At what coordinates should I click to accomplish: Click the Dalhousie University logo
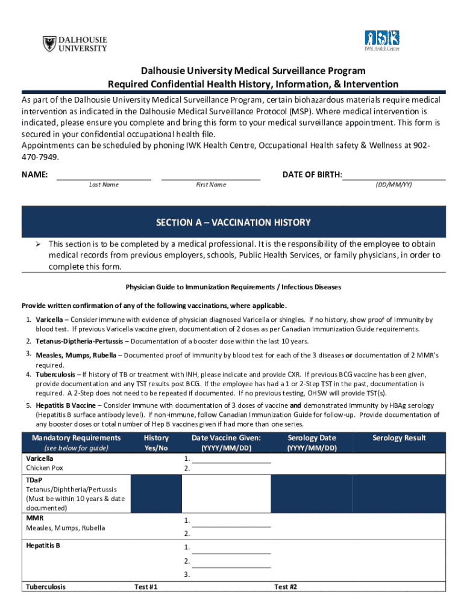pyautogui.click(x=75, y=44)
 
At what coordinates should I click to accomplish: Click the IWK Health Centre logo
pyautogui.click(x=381, y=41)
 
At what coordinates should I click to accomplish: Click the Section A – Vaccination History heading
pyautogui.click(x=233, y=223)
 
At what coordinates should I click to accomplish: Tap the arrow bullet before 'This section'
pyautogui.click(x=37, y=244)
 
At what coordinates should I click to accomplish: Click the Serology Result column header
pyautogui.click(x=399, y=438)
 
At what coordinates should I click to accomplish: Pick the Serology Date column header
pyautogui.click(x=312, y=438)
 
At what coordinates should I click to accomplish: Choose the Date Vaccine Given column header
pyautogui.click(x=226, y=438)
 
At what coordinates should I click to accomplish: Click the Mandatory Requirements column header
pyautogui.click(x=76, y=438)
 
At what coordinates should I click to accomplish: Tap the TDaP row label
pyautogui.click(x=34, y=480)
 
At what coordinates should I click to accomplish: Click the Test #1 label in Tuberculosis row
pyautogui.click(x=145, y=587)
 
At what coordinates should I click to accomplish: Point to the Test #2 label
pyautogui.click(x=286, y=587)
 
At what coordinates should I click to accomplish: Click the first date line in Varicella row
pyautogui.click(x=231, y=461)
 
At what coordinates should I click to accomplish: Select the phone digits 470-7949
pyautogui.click(x=41, y=157)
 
